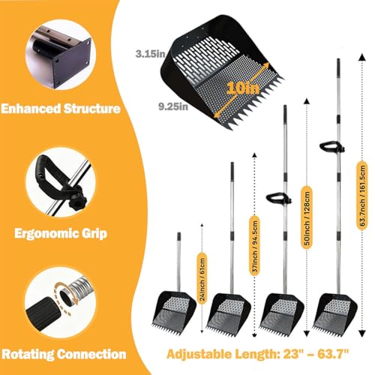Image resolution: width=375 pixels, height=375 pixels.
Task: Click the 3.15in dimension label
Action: [x=151, y=54]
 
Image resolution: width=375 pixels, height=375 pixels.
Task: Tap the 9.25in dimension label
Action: [x=173, y=106]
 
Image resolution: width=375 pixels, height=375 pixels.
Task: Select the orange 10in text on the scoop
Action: [x=243, y=88]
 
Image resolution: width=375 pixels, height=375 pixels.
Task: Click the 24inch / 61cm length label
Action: [x=202, y=278]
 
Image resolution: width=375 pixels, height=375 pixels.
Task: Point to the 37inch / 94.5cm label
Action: [x=255, y=246]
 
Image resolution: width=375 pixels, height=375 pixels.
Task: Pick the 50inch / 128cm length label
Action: [x=307, y=217]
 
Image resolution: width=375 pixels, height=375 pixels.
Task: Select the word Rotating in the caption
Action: [x=28, y=354]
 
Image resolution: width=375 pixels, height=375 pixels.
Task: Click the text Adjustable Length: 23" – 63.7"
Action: [x=257, y=354]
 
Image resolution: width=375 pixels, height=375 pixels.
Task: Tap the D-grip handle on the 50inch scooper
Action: [x=278, y=198]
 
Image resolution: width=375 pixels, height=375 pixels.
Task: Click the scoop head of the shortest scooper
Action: [x=174, y=311]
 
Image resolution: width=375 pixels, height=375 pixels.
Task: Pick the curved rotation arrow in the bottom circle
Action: [x=65, y=298]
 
